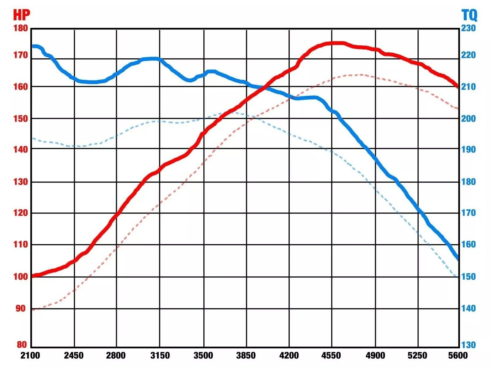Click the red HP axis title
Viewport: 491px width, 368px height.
[21, 15]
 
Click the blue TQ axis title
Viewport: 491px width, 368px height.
[469, 15]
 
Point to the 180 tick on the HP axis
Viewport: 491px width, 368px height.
[21, 28]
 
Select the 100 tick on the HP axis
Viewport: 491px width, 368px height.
[21, 276]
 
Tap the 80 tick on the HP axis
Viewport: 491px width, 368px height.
[21, 344]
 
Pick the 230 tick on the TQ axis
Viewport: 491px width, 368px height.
[468, 28]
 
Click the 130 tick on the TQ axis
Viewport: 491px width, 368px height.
[468, 345]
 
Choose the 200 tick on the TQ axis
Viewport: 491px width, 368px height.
[468, 118]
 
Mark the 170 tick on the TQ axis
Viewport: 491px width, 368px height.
[468, 213]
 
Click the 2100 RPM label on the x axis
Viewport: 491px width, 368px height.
[30, 355]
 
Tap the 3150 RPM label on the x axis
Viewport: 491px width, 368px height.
[160, 355]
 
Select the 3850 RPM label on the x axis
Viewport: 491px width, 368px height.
[246, 355]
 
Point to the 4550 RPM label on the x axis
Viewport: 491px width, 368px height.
[331, 355]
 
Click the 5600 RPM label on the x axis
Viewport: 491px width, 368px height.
[458, 355]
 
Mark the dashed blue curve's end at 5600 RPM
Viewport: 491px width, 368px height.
[457, 277]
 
